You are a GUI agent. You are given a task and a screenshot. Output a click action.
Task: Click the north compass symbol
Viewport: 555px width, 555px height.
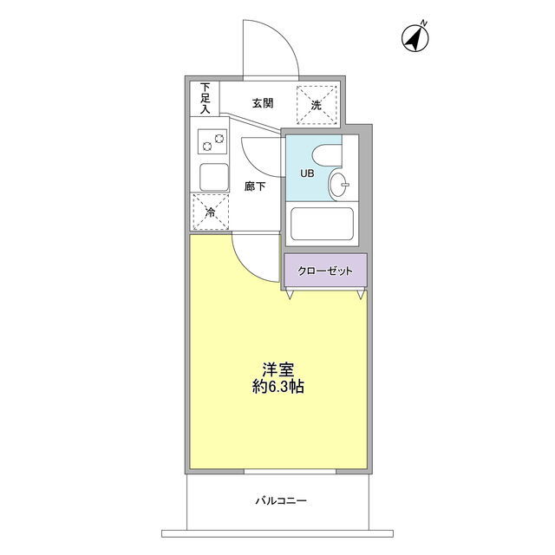tap(415, 38)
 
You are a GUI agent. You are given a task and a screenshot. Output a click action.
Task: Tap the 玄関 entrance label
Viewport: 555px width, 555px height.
tap(263, 103)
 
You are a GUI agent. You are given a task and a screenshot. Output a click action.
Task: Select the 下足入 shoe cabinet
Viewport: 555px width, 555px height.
tap(205, 98)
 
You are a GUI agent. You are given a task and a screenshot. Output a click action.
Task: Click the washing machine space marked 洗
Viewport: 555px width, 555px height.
tap(317, 105)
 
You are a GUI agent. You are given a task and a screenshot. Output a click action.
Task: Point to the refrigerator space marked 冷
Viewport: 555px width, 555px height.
tap(211, 212)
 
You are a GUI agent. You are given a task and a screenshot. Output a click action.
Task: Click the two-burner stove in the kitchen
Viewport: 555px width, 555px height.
tap(212, 141)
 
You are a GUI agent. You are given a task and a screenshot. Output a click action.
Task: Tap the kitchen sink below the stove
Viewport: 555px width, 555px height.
tap(214, 177)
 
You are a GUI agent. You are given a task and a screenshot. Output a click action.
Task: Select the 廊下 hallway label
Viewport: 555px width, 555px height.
tap(255, 186)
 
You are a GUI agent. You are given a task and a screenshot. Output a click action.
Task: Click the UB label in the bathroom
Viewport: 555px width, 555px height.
tap(307, 173)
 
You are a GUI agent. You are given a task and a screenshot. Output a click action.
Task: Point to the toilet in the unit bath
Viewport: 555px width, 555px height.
tap(328, 155)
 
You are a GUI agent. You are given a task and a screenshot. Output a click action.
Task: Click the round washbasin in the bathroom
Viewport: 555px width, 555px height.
tap(339, 184)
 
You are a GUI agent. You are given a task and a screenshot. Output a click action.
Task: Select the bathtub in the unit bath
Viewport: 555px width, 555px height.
tap(322, 224)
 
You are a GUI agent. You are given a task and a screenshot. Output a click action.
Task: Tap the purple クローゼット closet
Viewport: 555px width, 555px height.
tap(326, 271)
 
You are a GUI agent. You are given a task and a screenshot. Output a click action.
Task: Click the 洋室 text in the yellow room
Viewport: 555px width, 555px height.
tap(277, 370)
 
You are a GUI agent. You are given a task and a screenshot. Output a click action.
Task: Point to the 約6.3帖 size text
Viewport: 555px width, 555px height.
tap(277, 387)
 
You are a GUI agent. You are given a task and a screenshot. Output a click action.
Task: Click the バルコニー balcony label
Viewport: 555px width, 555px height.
tap(281, 501)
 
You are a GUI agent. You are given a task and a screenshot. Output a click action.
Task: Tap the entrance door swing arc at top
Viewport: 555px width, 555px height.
tap(284, 38)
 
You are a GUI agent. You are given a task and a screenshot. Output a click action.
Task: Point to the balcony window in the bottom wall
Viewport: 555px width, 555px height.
tap(290, 472)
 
